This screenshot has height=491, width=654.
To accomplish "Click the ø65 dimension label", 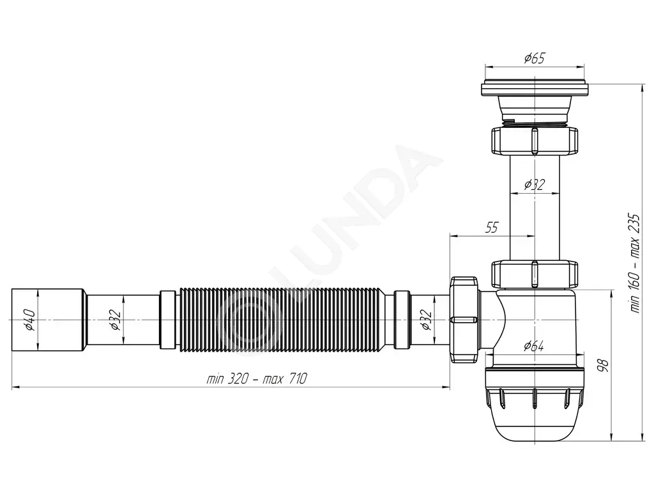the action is point(535,58).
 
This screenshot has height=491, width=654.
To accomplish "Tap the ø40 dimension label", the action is point(29,320).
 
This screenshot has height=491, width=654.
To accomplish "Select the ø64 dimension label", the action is point(534,346).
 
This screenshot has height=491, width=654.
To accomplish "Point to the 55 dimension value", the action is point(492,228).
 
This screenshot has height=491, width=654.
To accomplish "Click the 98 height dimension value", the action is point(603,365).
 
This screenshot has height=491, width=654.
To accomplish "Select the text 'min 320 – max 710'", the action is point(257,378).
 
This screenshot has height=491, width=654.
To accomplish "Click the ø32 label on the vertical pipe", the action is point(535,184).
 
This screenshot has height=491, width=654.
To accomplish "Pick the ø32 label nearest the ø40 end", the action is point(116,320).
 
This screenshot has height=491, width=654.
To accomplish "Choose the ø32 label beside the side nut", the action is point(426,320).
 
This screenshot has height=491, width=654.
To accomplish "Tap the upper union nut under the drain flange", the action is point(535,142).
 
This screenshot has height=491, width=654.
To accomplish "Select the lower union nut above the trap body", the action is point(535,274).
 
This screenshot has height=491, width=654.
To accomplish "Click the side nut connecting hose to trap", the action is point(464,320).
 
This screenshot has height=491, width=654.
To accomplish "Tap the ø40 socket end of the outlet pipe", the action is point(49,320).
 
